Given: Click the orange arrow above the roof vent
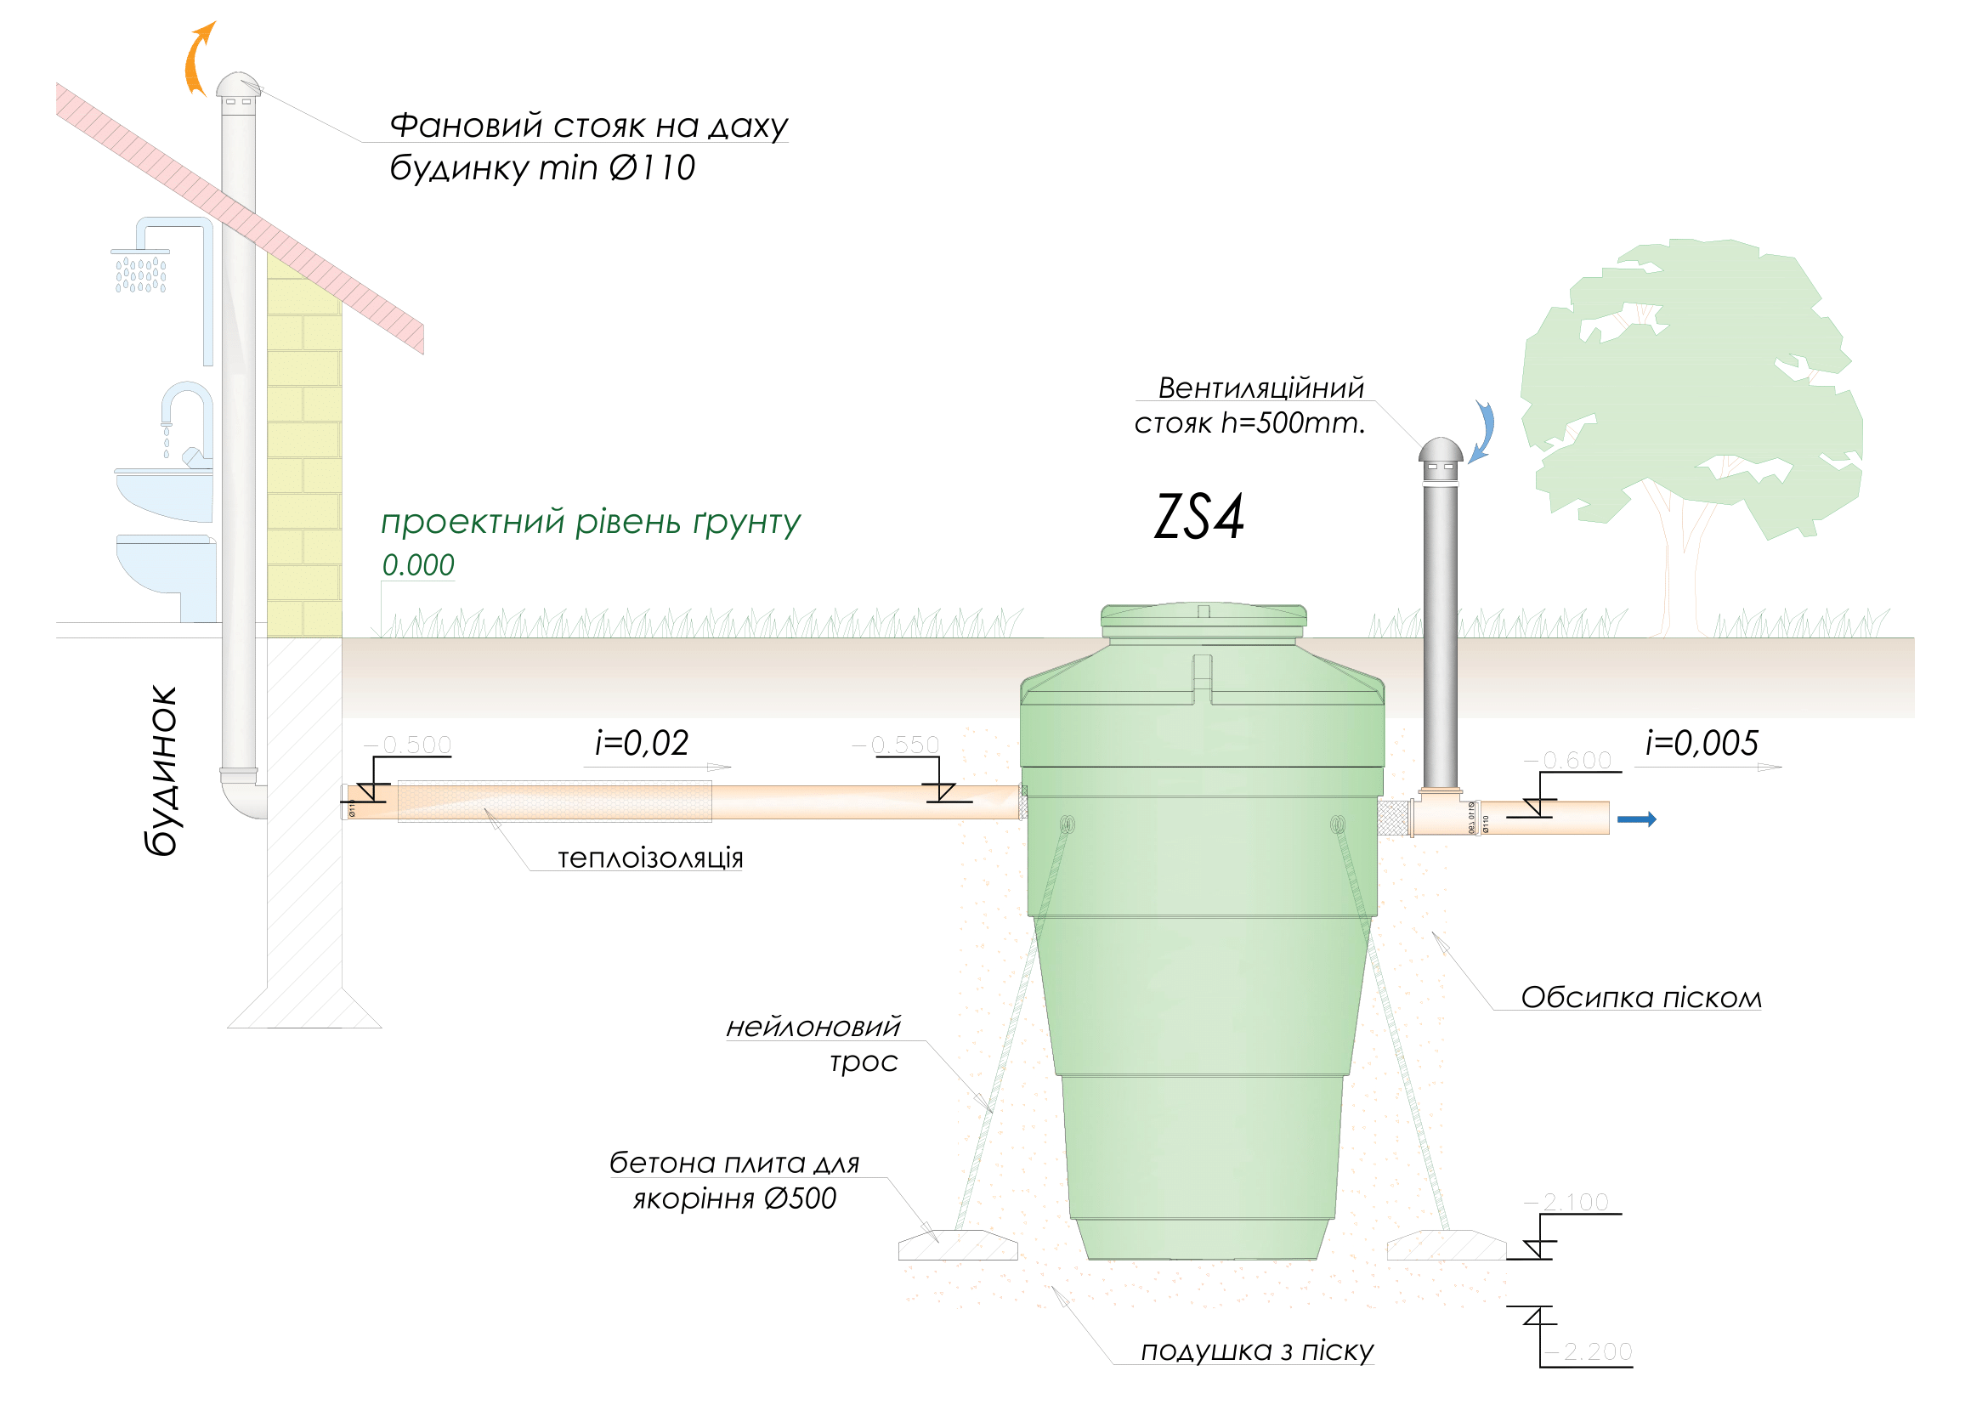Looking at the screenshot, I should (x=198, y=58).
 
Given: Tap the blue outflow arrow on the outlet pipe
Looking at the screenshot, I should (x=1637, y=820).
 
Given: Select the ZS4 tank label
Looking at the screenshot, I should (x=1199, y=518).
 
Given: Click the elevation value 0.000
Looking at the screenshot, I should (x=418, y=565).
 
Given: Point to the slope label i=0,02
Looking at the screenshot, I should (x=642, y=744).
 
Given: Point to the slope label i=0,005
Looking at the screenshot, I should (x=1702, y=744).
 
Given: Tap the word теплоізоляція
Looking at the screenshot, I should (x=650, y=858).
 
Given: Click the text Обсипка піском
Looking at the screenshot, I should (x=1640, y=998).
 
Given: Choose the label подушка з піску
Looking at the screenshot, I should (x=1257, y=1351).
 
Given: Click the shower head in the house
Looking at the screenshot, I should (x=140, y=269).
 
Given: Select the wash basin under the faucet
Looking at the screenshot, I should (x=165, y=494).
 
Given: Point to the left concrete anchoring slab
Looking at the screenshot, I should (x=958, y=1246).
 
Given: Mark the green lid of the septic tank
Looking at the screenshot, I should (x=1204, y=617).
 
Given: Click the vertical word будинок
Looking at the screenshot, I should (x=163, y=771).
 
